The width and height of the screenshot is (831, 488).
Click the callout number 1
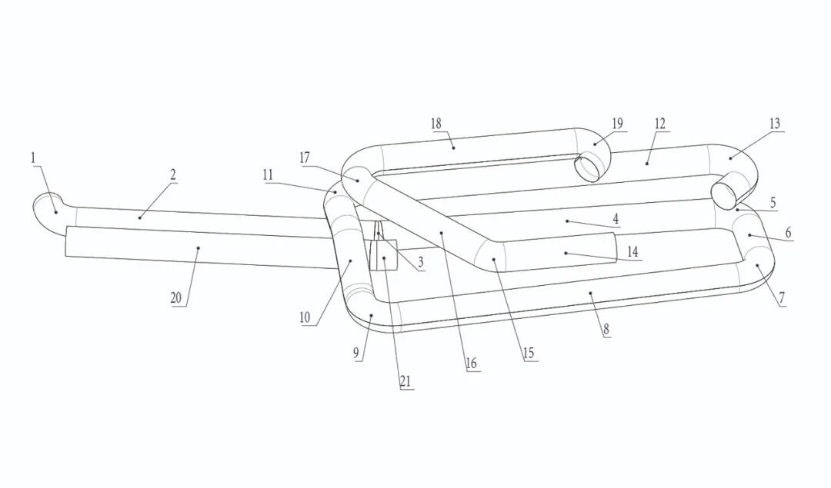pos(33,158)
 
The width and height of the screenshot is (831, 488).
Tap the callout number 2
pos(173,174)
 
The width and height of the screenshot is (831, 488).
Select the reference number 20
pos(176,297)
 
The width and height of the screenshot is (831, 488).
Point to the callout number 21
pos(405,380)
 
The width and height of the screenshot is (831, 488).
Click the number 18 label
pos(436,123)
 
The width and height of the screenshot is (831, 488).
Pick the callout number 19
pos(617,123)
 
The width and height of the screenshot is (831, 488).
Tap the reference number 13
pos(774,123)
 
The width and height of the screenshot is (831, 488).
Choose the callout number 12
pos(659,123)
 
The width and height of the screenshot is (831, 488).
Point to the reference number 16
pos(472,364)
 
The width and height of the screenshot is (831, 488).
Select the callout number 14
pos(632,252)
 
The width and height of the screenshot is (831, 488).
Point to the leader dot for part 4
pos(567,221)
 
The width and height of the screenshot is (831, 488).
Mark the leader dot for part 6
pos(749,235)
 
